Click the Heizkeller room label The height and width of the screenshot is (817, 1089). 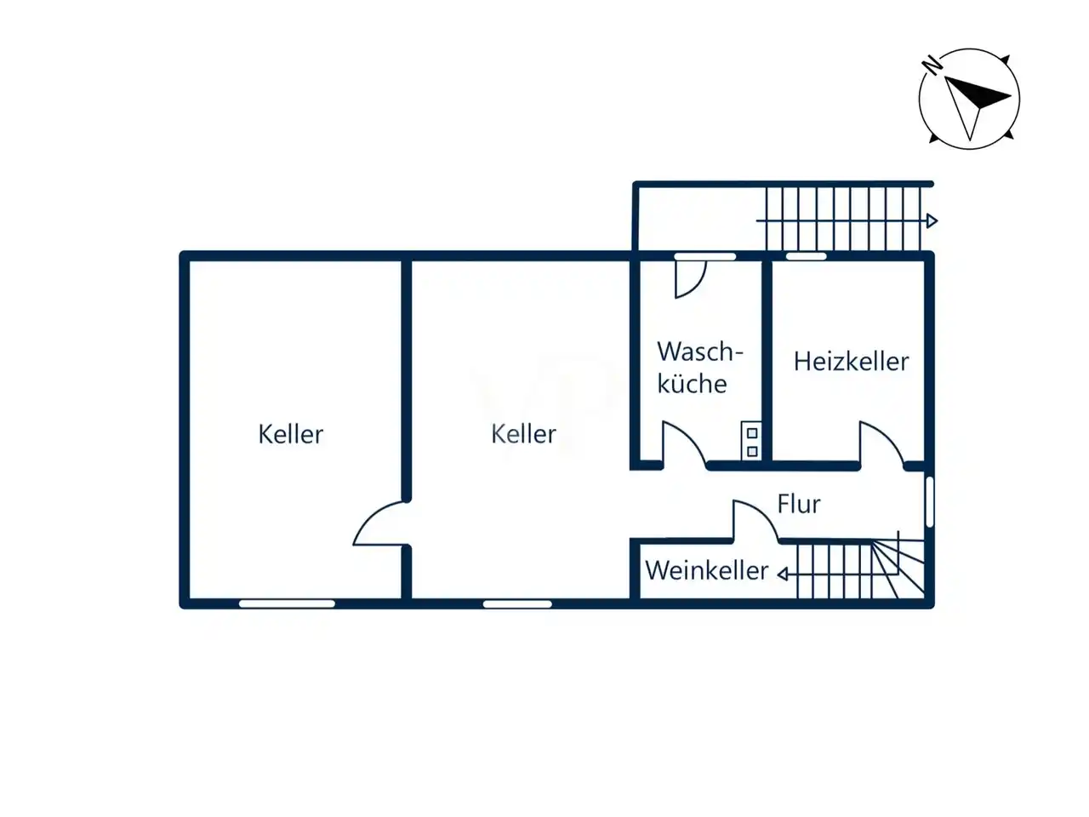[851, 361]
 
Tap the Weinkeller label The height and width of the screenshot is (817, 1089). [706, 570]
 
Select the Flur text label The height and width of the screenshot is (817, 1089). [799, 504]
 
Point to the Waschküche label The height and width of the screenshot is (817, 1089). [700, 368]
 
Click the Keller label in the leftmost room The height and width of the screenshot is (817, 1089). [291, 434]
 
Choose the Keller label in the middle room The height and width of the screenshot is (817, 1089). [523, 434]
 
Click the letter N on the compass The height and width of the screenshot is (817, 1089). [932, 66]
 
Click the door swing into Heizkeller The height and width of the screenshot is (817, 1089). [888, 438]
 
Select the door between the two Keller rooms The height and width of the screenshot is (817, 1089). [371, 516]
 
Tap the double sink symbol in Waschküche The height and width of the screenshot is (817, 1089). [751, 441]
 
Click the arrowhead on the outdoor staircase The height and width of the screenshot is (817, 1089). [932, 220]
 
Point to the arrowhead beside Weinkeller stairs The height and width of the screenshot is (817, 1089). [783, 574]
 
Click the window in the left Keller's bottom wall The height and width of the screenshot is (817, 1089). [287, 603]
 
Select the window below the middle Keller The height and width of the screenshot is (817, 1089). [517, 603]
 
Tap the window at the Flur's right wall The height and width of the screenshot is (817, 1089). [929, 502]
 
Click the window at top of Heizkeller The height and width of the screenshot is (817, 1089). [807, 256]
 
